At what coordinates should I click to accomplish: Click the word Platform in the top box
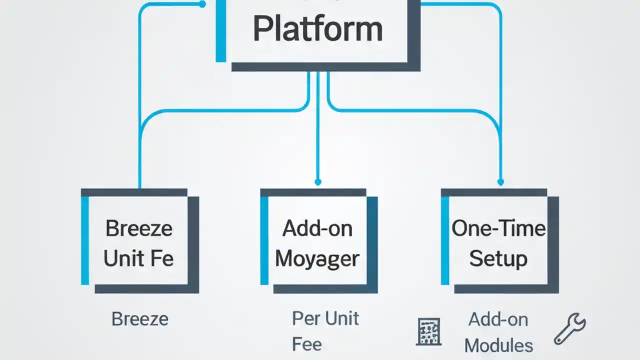point(318,30)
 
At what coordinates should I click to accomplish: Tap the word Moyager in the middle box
point(317,258)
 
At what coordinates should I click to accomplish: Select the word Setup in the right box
point(498,258)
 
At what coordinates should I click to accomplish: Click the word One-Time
point(498,228)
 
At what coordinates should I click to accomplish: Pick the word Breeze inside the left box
point(139,228)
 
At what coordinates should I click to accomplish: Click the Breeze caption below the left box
point(139,319)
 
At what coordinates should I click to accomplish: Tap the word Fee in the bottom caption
point(307,344)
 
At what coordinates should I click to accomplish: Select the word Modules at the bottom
point(498,345)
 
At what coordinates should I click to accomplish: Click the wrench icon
point(570,328)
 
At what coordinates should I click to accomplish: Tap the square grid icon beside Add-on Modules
point(428,331)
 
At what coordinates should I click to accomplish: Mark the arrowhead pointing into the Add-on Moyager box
point(317,182)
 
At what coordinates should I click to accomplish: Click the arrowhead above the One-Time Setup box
point(500,182)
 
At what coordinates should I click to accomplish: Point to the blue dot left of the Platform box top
point(202,4)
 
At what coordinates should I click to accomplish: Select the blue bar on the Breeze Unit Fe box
point(85,240)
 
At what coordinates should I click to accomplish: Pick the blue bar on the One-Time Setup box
point(445,240)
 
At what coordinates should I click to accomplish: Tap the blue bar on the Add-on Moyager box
point(264,240)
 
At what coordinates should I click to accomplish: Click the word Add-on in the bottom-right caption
point(498,319)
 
